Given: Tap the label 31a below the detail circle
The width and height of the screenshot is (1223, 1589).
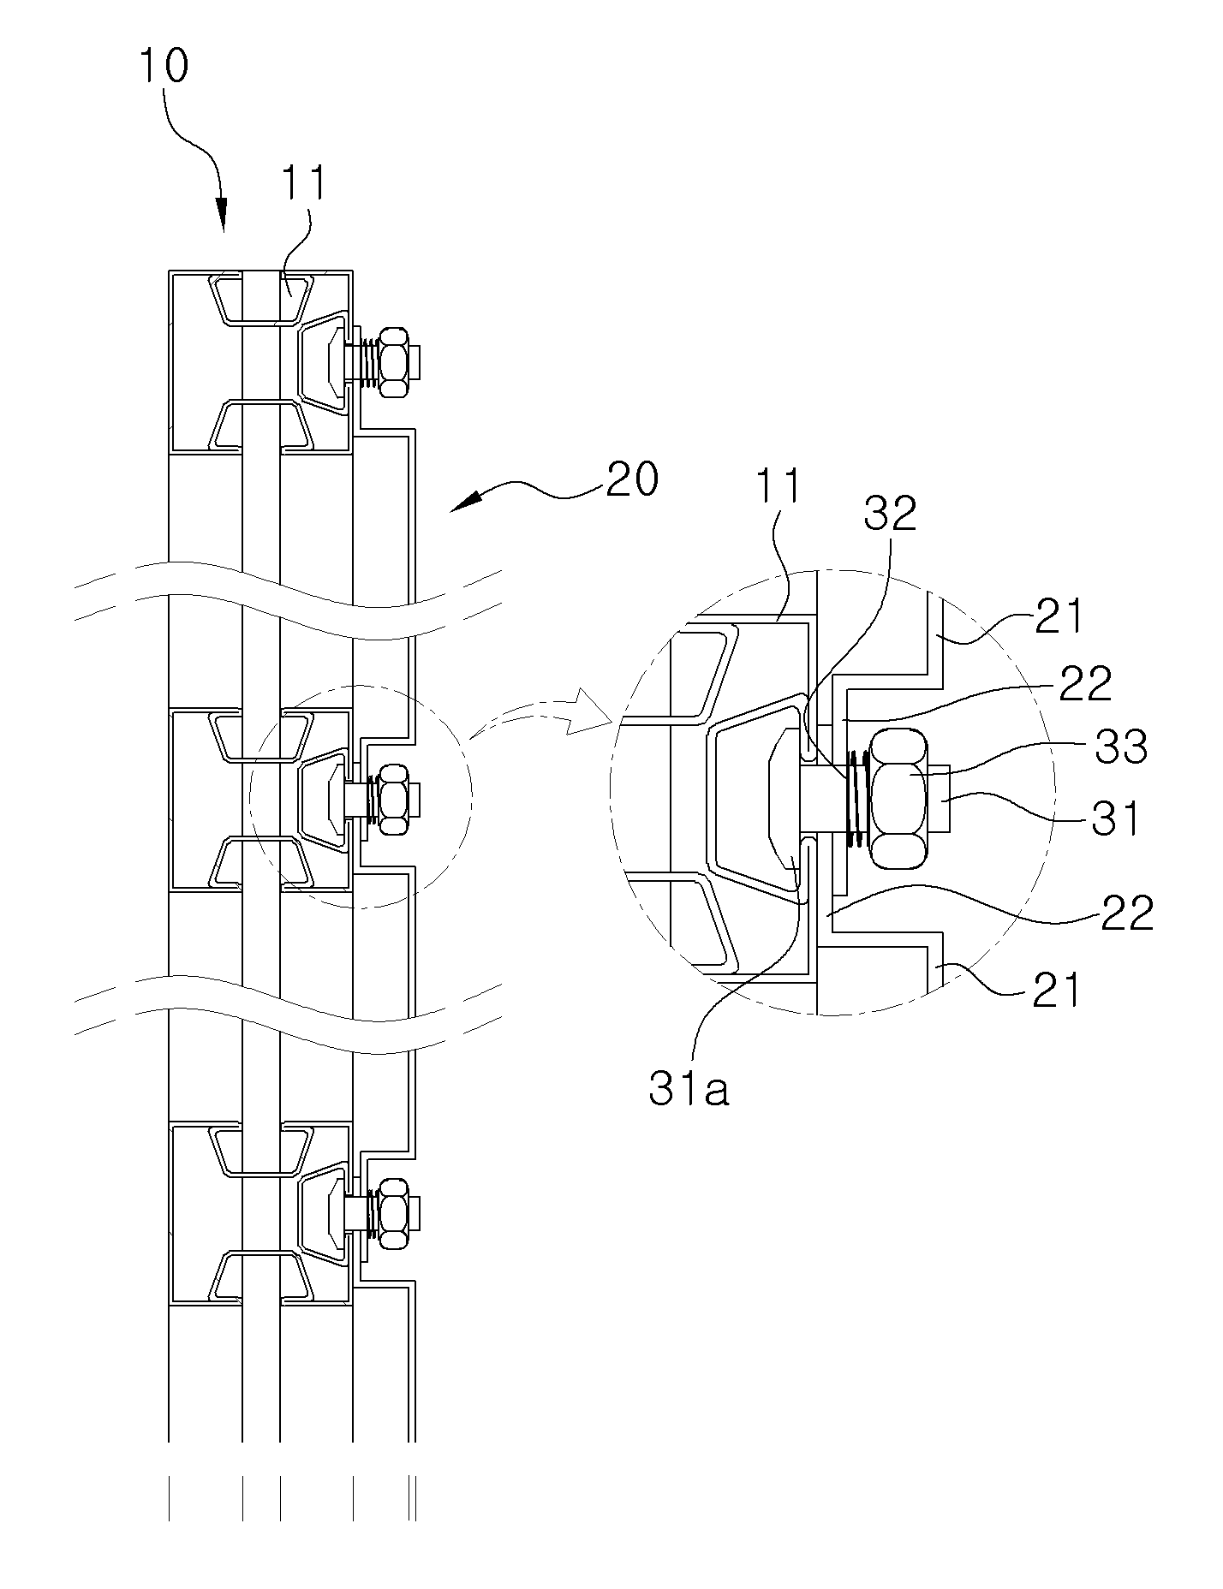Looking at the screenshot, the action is coord(689,1092).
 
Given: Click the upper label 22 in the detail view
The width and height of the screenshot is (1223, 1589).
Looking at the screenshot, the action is coord(1084,682).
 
